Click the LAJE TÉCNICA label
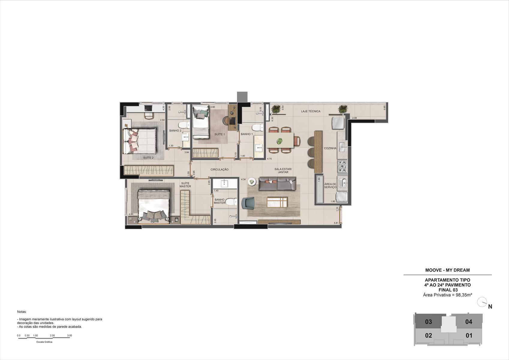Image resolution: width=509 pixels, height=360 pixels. coord(311,111)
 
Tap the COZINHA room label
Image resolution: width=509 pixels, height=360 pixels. coord(330,148)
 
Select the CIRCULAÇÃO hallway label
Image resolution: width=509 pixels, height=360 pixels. coord(219,169)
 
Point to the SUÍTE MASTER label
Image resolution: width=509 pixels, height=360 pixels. coord(185,185)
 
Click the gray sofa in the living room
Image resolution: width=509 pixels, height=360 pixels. coord(277,183)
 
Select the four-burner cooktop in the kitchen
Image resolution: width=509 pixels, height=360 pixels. coord(342,166)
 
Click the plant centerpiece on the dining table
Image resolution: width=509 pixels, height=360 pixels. coord(279,141)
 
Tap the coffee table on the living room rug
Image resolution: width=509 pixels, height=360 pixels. coord(277,202)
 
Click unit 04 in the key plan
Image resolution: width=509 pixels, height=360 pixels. coord(469,322)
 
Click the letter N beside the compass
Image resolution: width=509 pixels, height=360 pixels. coord(490,307)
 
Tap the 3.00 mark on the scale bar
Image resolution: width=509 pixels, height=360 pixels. coord(70,335)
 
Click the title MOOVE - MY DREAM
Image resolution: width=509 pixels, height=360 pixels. coord(448,270)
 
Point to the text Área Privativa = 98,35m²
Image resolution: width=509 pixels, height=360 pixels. coord(448,295)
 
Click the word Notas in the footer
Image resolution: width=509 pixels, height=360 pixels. coord(22,312)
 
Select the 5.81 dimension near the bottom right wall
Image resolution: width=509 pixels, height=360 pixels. coord(336,223)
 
